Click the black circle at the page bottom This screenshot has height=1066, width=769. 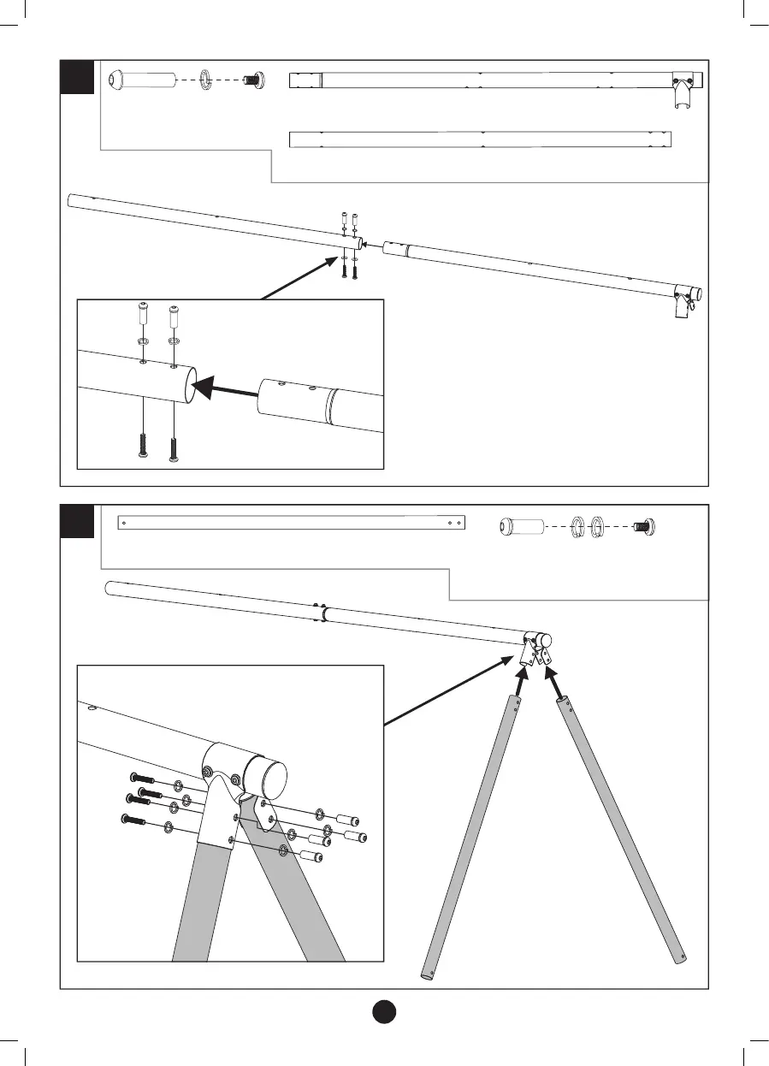[384, 1010]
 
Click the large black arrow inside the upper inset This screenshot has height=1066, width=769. [226, 391]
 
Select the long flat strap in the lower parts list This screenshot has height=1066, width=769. [291, 522]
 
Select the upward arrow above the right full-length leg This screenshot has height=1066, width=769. [553, 684]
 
